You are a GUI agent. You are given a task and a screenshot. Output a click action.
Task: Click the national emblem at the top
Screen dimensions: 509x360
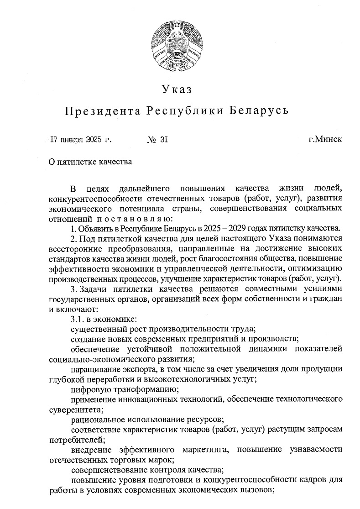pyautogui.click(x=180, y=46)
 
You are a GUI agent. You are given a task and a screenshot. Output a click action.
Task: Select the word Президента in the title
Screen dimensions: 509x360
pyautogui.click(x=101, y=111)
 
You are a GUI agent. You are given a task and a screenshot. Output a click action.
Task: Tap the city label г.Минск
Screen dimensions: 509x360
pyautogui.click(x=325, y=139)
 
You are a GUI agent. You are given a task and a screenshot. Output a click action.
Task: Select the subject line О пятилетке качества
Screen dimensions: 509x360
pyautogui.click(x=91, y=162)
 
